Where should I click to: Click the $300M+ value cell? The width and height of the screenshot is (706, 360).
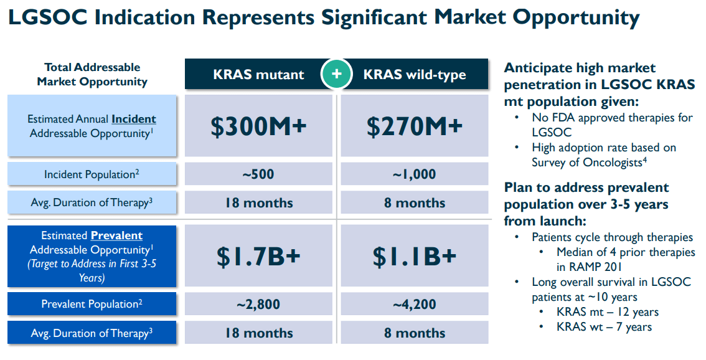258,126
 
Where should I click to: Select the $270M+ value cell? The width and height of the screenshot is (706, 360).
414,126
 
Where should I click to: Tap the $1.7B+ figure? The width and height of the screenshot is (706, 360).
258,256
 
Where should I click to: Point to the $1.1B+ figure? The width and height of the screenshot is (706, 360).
414,256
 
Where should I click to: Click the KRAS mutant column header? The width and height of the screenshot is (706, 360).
258,75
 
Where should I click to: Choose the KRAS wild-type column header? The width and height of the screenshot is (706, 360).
415,75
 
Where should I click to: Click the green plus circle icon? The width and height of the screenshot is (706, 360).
337,74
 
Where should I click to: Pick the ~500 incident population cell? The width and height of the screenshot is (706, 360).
258,174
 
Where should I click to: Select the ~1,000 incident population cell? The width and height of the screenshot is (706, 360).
414,174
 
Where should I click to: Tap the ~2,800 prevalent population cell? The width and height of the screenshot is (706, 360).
258,305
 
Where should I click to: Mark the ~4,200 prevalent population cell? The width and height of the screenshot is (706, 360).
414,305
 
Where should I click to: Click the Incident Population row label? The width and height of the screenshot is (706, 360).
92,174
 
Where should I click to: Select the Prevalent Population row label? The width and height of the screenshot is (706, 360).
92,305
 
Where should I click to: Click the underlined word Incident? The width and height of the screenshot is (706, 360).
134,119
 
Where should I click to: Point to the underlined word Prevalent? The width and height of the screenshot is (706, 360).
116,236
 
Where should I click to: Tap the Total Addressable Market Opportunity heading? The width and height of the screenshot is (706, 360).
92,74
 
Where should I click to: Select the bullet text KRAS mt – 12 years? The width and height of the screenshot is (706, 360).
608,312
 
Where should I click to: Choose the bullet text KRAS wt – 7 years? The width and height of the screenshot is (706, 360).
604,326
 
